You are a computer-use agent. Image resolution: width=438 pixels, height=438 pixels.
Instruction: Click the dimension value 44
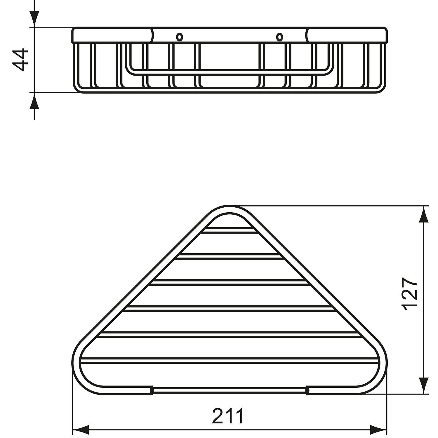coord(20,60)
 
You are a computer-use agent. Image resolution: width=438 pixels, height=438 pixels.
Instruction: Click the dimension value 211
coord(228,416)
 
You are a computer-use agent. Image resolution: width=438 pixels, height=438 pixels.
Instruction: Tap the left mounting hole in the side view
coord(179,37)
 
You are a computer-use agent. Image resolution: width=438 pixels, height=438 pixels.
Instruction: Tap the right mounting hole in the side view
coord(279,37)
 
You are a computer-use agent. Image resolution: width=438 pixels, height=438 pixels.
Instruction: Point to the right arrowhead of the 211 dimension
coord(378,430)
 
